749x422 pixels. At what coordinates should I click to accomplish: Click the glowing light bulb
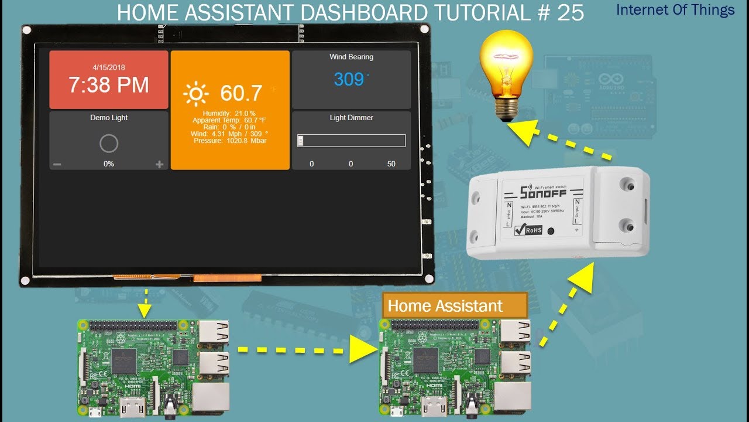[507, 73]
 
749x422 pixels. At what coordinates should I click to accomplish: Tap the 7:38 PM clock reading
[109, 86]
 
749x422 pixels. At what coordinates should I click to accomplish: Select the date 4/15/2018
[109, 67]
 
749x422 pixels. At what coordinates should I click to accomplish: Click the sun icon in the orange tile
[195, 94]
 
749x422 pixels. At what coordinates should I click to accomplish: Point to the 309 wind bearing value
[349, 79]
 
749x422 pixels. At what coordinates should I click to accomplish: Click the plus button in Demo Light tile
[159, 165]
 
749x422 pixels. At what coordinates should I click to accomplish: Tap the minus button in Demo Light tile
[57, 165]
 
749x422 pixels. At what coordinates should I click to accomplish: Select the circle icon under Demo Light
[109, 144]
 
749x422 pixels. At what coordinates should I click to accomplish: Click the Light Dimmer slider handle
[300, 141]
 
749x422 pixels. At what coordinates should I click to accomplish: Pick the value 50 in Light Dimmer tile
[391, 164]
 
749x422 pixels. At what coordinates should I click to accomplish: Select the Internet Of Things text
[675, 10]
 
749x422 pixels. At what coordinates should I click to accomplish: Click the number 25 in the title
[571, 12]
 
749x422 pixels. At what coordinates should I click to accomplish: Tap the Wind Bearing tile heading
[351, 57]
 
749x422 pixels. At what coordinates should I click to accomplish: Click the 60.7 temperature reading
[241, 93]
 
